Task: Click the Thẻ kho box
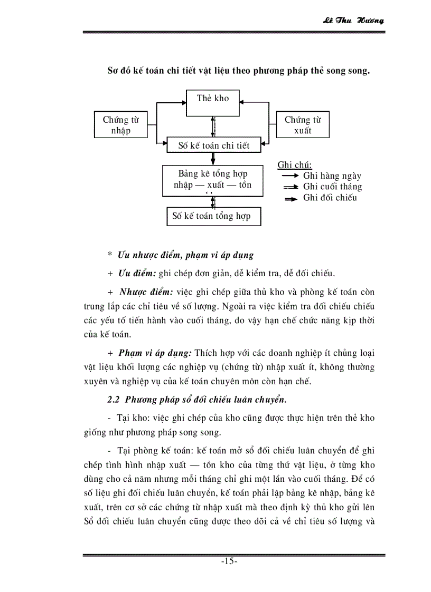click(213, 102)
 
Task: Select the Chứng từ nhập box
click(120, 125)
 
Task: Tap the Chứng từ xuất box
click(302, 125)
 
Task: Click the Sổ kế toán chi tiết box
click(213, 145)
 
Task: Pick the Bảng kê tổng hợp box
click(213, 179)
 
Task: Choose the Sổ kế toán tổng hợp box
click(213, 216)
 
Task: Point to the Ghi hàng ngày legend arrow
click(289, 176)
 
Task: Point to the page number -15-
click(229, 561)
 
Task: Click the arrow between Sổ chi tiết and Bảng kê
click(213, 159)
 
